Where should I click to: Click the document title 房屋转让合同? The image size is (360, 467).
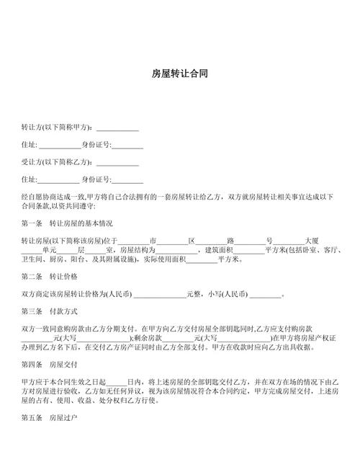[x=180, y=74]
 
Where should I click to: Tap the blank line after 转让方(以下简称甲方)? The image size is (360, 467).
[x=113, y=128]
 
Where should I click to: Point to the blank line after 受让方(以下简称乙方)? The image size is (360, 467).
[x=113, y=163]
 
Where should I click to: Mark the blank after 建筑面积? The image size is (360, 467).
[x=250, y=250]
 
